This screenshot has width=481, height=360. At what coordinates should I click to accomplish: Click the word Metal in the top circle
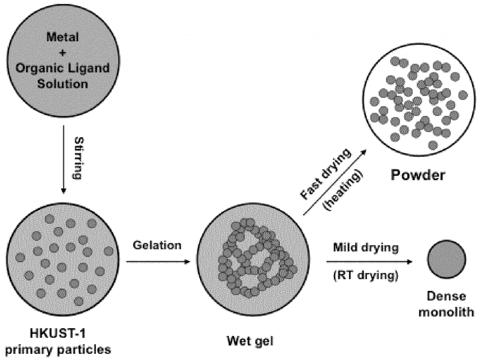pyautogui.click(x=62, y=37)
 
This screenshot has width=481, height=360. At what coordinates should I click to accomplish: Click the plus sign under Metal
pyautogui.click(x=62, y=53)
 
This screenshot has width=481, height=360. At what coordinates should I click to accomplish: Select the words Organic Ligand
pyautogui.click(x=62, y=69)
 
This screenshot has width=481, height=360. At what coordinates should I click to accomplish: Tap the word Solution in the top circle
pyautogui.click(x=62, y=84)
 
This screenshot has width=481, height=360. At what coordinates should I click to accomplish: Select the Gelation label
pyautogui.click(x=156, y=245)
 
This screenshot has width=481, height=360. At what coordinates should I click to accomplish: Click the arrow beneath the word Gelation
pyautogui.click(x=156, y=261)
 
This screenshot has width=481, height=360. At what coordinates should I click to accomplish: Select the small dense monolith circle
pyautogui.click(x=446, y=261)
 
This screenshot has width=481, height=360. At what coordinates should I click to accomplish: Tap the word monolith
pyautogui.click(x=447, y=311)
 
